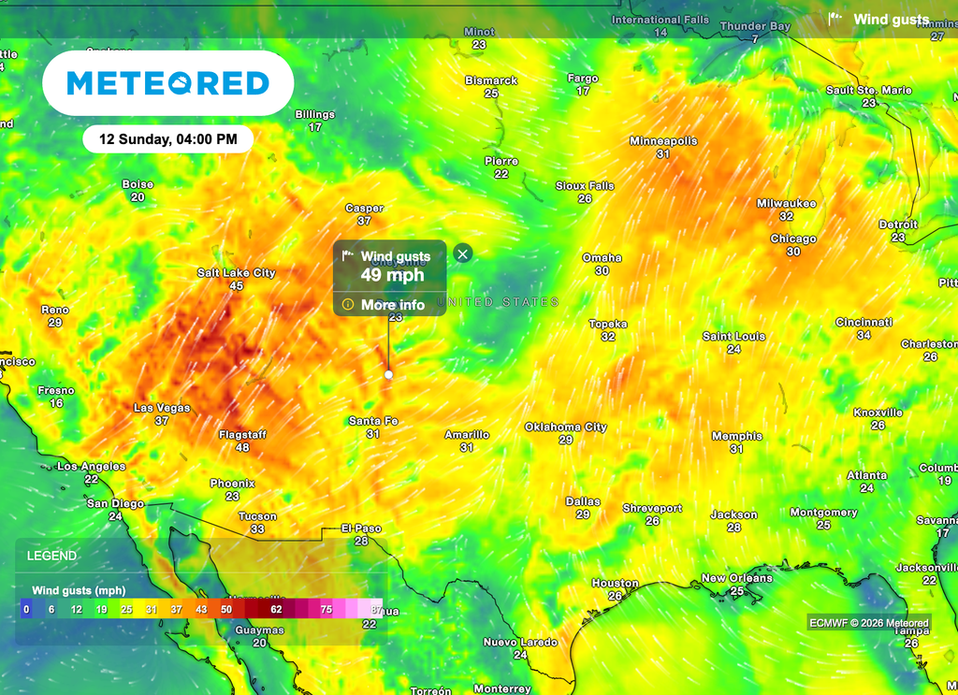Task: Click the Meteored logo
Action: pyautogui.click(x=168, y=83)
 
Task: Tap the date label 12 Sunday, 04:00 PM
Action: pyautogui.click(x=168, y=139)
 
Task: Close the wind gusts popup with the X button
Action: pyautogui.click(x=463, y=253)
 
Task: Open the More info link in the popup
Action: pyautogui.click(x=392, y=305)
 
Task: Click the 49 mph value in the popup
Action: pyautogui.click(x=392, y=274)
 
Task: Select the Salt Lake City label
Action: pyautogui.click(x=236, y=273)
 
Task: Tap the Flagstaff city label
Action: pyautogui.click(x=242, y=435)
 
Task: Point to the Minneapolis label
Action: pyautogui.click(x=662, y=141)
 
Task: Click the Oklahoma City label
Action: pyautogui.click(x=565, y=427)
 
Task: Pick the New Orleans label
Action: pyautogui.click(x=736, y=578)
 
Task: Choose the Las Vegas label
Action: pyautogui.click(x=162, y=409)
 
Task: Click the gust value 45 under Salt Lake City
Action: pyautogui.click(x=236, y=285)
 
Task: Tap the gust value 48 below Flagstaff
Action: pyautogui.click(x=242, y=448)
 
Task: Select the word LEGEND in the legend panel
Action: pyautogui.click(x=52, y=556)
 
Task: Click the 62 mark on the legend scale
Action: pyautogui.click(x=276, y=609)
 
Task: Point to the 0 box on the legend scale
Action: pyautogui.click(x=26, y=609)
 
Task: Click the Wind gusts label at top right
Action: pyautogui.click(x=891, y=20)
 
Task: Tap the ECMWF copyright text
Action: pyautogui.click(x=869, y=623)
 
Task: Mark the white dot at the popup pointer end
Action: pyautogui.click(x=389, y=374)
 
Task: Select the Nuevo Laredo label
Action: pyautogui.click(x=520, y=643)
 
